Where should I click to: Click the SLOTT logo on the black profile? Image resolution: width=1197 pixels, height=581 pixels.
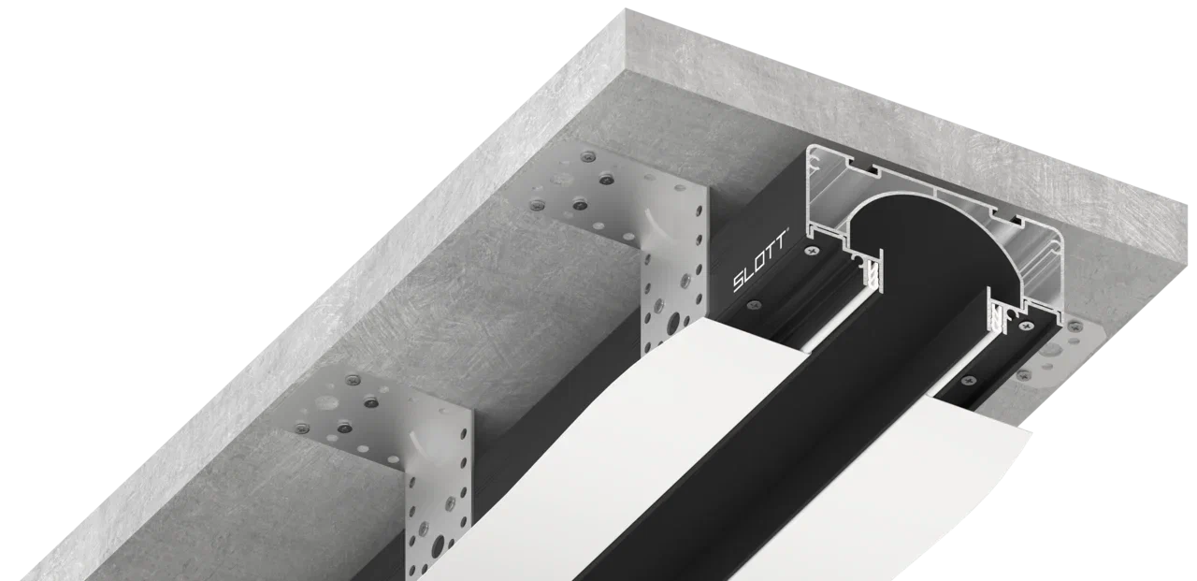pyautogui.click(x=759, y=261)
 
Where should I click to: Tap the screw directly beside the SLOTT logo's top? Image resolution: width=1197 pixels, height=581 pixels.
pyautogui.click(x=813, y=250)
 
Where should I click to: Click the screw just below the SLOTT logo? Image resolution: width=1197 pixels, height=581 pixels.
pyautogui.click(x=754, y=305)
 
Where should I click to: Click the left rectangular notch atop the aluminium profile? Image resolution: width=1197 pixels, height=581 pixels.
pyautogui.click(x=870, y=170)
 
